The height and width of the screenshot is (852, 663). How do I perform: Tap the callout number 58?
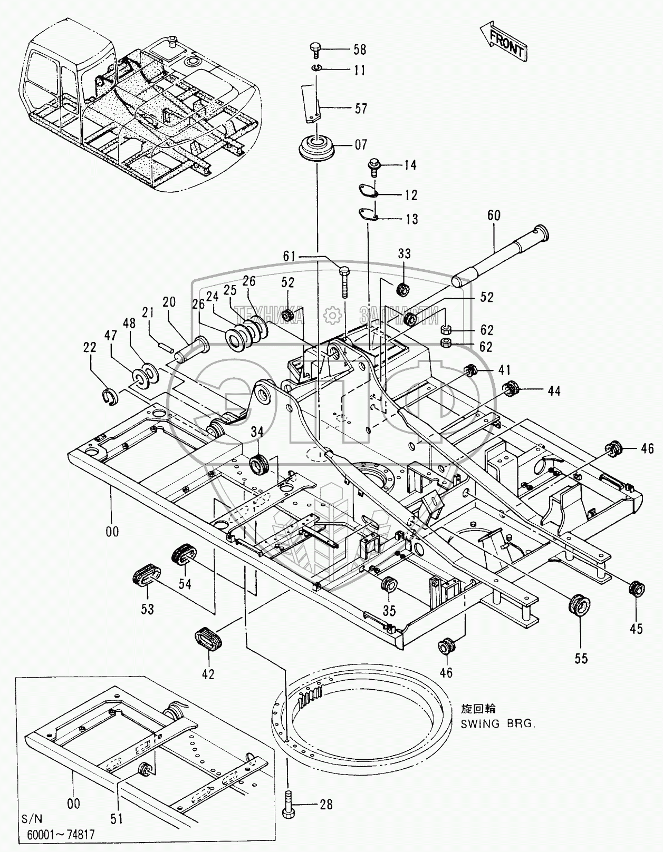click(x=360, y=50)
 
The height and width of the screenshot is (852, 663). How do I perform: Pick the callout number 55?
click(x=581, y=658)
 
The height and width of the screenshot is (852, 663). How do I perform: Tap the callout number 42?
click(x=208, y=673)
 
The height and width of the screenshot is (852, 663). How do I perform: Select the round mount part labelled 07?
click(x=318, y=146)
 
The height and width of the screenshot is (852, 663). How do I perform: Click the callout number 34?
click(x=257, y=432)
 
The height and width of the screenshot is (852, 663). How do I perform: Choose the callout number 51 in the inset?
click(x=117, y=818)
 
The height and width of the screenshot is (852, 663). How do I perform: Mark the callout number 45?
click(x=637, y=629)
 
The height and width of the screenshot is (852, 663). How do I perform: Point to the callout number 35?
click(x=389, y=611)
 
